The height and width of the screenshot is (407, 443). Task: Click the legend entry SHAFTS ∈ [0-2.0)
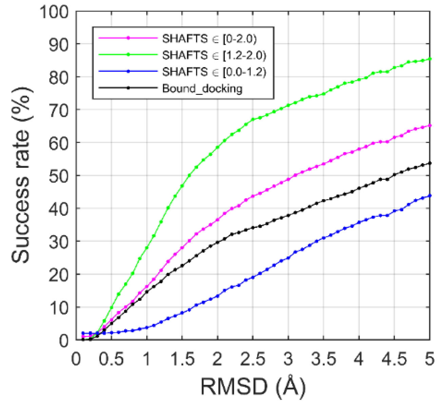(209, 39)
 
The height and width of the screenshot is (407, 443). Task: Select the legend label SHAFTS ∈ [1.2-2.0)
(214, 55)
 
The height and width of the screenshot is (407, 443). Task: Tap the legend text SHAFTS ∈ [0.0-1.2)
(214, 72)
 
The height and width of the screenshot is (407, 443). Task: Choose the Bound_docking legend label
(202, 88)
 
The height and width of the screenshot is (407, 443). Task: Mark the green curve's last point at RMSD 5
(430, 59)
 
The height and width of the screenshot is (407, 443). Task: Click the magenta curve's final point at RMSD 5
(430, 126)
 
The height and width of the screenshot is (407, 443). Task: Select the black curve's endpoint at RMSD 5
(430, 163)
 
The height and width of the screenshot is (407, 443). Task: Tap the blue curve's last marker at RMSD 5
(430, 196)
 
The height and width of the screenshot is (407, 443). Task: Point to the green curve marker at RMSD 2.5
(253, 119)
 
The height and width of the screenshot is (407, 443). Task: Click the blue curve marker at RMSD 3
(288, 258)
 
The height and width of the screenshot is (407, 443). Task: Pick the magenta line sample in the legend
(128, 38)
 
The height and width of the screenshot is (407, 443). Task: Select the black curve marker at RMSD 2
(217, 242)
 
